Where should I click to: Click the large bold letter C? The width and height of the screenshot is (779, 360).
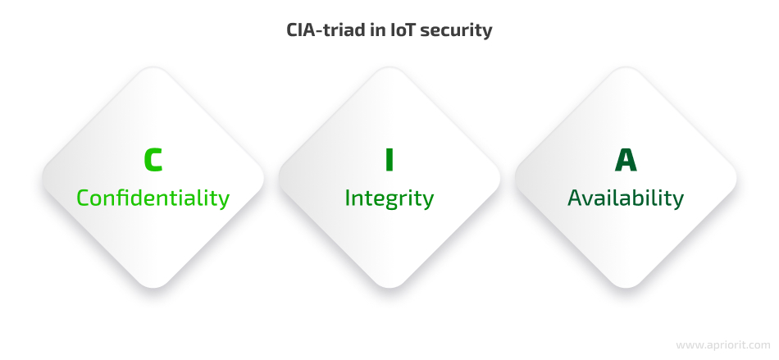pos(153,160)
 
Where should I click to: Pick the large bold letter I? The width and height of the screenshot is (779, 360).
pos(389,160)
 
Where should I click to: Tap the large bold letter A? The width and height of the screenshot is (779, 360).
pos(626,160)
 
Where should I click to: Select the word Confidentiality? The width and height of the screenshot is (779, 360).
pos(153,198)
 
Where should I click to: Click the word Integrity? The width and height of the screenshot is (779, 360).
pos(389,198)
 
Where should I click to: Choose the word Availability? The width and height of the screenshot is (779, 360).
pos(626,198)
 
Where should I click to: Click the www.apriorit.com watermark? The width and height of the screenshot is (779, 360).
pos(723,344)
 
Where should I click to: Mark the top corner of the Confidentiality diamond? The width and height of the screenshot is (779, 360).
pos(153,67)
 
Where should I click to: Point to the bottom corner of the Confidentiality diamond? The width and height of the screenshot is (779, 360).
pos(153,288)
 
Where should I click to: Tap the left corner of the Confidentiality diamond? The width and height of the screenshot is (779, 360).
pos(43,178)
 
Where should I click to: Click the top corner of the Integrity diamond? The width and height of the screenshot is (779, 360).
pos(389,67)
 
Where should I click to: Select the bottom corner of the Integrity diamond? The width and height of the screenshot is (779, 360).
pos(389,288)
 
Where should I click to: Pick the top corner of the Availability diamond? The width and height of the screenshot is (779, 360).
pos(626,67)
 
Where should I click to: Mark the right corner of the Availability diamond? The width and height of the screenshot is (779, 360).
pos(736,178)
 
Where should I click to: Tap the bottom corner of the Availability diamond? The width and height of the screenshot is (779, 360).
pos(626,288)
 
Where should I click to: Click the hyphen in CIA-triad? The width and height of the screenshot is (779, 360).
pos(321,32)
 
